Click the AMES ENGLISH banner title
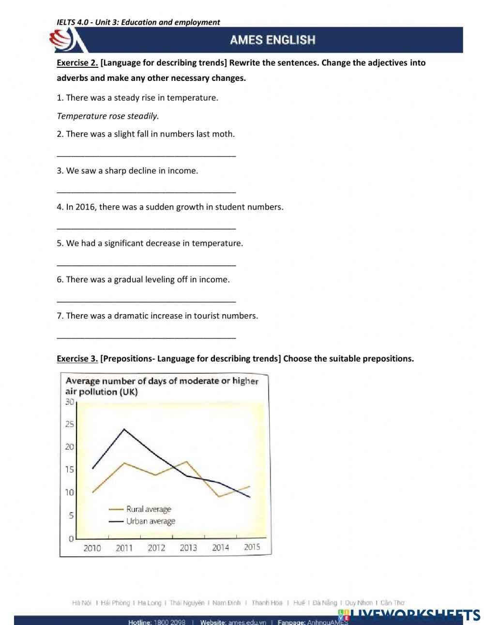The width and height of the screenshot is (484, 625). [x=272, y=40]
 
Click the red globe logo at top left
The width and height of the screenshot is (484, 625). [x=63, y=40]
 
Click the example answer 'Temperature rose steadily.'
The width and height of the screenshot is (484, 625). [x=108, y=116]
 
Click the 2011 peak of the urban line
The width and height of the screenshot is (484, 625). [x=124, y=429]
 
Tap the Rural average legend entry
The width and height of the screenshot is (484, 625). [x=149, y=509]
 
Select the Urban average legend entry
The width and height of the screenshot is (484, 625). [x=151, y=521]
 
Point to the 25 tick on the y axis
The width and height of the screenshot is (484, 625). [x=70, y=425]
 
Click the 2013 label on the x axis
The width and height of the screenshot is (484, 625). [x=188, y=548]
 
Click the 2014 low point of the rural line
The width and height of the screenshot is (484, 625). [x=219, y=496]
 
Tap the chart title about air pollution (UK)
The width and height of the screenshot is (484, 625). [x=162, y=386]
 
